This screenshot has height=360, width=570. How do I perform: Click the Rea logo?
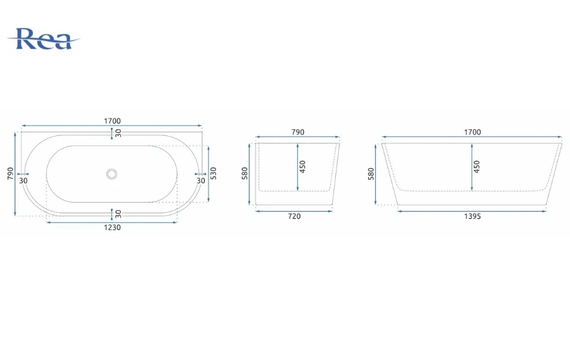(x=43, y=39)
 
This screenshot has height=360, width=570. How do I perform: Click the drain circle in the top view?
(x=111, y=174)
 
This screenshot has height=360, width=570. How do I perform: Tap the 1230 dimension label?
(x=113, y=228)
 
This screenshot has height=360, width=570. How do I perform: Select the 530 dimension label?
(x=213, y=173)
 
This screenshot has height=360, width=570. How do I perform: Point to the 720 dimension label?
(x=294, y=216)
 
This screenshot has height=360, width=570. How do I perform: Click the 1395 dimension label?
(x=472, y=216)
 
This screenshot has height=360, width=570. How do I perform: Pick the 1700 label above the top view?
(x=113, y=121)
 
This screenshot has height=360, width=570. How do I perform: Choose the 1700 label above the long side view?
(x=472, y=132)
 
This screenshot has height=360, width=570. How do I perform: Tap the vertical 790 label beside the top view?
(x=10, y=173)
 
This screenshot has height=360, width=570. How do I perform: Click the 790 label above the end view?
(x=298, y=132)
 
